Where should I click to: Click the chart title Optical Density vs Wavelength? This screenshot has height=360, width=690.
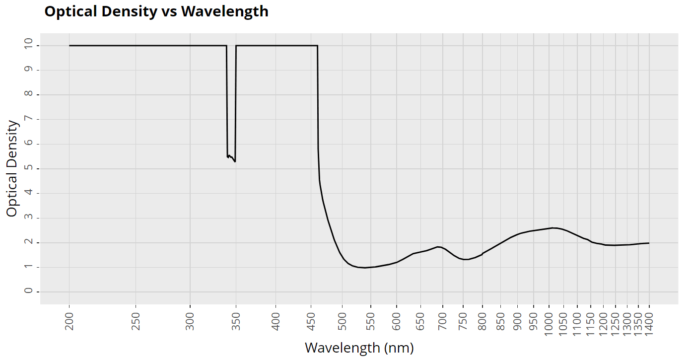click(156, 11)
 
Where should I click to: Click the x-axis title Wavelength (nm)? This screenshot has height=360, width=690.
click(359, 348)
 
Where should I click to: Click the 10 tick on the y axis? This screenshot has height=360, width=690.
click(29, 46)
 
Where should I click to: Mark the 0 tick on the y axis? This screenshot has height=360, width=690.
click(29, 291)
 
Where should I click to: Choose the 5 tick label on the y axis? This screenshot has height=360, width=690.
click(29, 169)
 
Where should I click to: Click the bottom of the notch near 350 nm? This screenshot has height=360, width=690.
click(235, 161)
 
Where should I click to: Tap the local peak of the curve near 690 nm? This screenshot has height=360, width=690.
click(438, 247)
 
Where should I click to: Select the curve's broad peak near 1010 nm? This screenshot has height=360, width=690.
click(552, 228)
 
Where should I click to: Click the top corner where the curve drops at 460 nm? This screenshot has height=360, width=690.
click(318, 46)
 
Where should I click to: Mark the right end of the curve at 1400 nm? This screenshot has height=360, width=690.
click(649, 243)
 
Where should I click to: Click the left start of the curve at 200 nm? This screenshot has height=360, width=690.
click(69, 46)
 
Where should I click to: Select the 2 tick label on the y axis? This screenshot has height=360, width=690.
click(29, 242)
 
